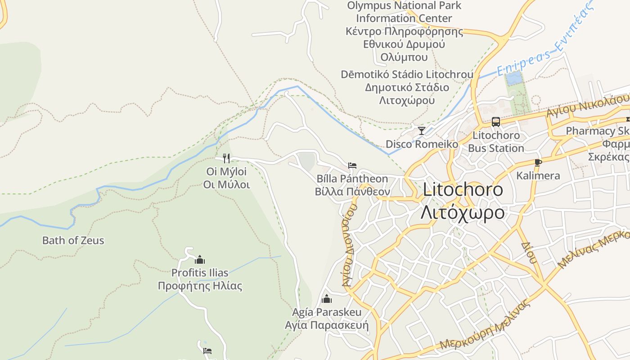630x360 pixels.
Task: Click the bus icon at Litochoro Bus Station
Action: [x=495, y=121]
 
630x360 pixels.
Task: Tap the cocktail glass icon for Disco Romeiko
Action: [x=421, y=131]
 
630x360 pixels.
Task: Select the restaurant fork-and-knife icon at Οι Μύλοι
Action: [x=226, y=158]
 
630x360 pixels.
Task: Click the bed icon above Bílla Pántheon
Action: [x=352, y=166]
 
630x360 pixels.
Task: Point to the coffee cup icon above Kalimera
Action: [x=538, y=162]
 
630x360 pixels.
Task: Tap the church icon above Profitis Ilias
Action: [x=200, y=260]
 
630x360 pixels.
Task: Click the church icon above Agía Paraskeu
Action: [x=327, y=299]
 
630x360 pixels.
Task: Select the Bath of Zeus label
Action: [x=73, y=240]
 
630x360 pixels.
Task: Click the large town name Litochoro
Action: [x=463, y=189]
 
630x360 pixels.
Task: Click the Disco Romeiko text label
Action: [x=422, y=144]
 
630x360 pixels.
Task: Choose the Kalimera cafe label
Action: [x=538, y=175]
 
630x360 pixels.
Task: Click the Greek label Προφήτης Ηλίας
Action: [x=200, y=286]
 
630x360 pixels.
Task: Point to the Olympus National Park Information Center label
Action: [x=404, y=12]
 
